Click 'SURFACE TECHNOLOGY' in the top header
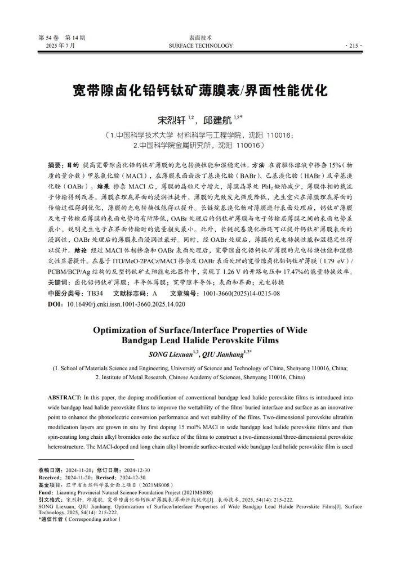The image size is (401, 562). point(200,46)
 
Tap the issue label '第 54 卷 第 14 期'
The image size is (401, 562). point(62,38)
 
